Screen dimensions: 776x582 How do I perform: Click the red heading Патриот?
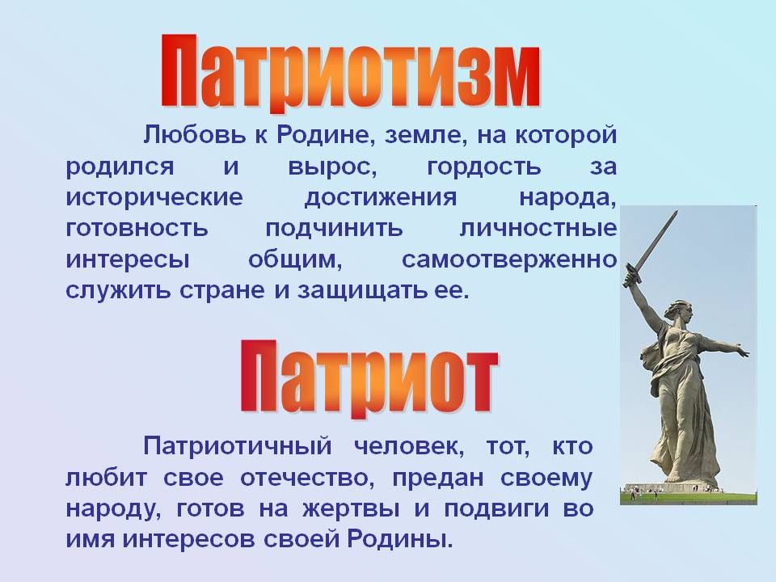[369, 378]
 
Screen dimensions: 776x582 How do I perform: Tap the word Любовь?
[194, 135]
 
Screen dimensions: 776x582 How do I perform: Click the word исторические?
[154, 197]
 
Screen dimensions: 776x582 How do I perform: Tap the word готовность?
[137, 229]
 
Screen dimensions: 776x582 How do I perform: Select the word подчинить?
[334, 229]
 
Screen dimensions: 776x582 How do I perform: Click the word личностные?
[538, 229]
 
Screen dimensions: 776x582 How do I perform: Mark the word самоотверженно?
[509, 259]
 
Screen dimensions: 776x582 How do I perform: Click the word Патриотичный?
[238, 446]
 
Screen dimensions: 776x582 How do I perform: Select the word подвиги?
[496, 509]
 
